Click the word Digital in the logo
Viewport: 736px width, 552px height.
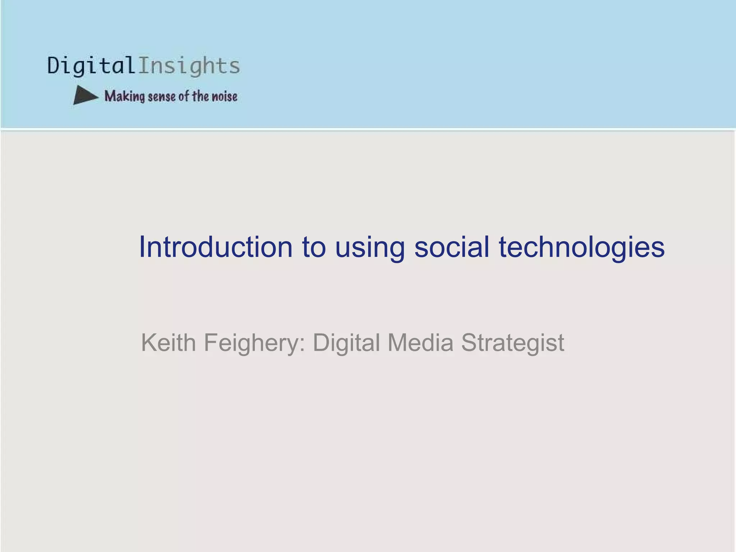(91, 66)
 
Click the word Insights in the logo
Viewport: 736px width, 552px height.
(189, 66)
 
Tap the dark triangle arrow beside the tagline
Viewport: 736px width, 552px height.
(84, 96)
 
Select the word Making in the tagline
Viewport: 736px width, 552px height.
(124, 96)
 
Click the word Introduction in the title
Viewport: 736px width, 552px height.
(216, 247)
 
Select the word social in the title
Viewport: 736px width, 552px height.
(451, 247)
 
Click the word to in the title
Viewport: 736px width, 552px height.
(314, 247)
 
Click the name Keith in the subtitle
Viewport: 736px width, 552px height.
(168, 342)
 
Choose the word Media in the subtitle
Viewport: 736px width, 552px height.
(420, 342)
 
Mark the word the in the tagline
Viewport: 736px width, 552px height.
(200, 96)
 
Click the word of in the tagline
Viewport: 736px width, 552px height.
(184, 96)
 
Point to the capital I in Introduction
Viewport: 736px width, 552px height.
(142, 247)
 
